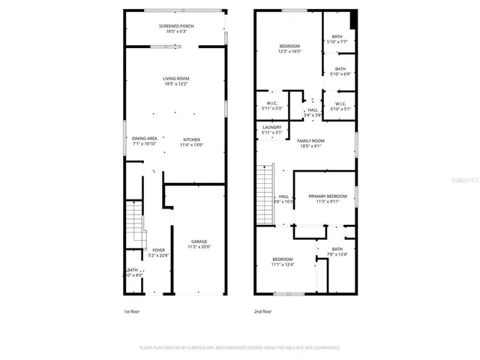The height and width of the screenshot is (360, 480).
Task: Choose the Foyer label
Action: coord(158,252)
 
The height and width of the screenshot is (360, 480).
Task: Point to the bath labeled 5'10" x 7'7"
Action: coord(337,39)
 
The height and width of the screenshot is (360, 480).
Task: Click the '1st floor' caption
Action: coord(131,310)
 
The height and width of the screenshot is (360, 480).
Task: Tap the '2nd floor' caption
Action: coord(262,310)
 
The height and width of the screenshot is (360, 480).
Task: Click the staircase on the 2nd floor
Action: coord(263,193)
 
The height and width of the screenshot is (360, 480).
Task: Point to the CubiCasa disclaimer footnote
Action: coord(240,348)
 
